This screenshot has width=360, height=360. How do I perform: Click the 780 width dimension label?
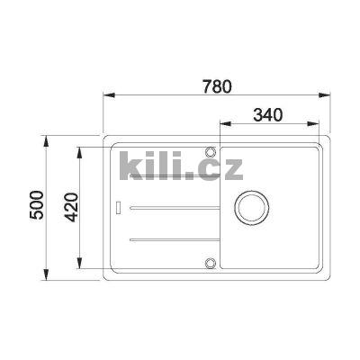(216, 86)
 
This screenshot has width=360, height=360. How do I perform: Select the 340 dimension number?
(268, 114)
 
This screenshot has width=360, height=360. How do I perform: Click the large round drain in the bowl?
(251, 205)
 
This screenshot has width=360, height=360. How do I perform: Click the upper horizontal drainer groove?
(171, 208)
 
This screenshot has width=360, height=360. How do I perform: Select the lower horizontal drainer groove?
(171, 238)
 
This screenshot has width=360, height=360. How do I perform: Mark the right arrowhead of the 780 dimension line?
(321, 95)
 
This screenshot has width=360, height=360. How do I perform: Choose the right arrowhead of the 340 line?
(321, 123)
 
